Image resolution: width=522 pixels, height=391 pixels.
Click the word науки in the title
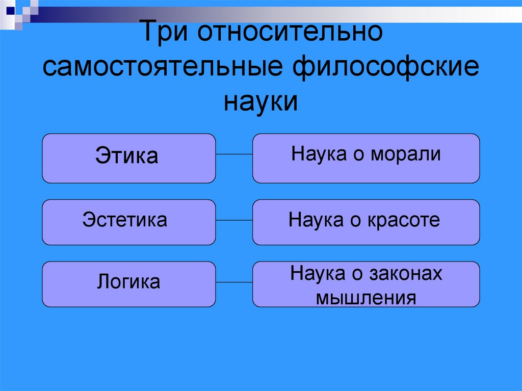pyautogui.click(x=260, y=100)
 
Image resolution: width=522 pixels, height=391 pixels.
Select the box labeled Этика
pyautogui.click(x=128, y=158)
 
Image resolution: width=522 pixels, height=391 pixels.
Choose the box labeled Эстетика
pyautogui.click(x=128, y=222)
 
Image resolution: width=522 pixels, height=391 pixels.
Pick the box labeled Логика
pyautogui.click(x=128, y=284)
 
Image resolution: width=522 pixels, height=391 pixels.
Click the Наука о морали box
pyautogui.click(x=366, y=158)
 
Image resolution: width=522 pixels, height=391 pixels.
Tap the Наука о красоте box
pyautogui.click(x=366, y=222)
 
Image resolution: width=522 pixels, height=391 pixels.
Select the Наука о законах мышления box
pyautogui.click(x=366, y=284)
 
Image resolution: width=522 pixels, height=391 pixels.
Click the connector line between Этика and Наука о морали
pyautogui.click(x=234, y=154)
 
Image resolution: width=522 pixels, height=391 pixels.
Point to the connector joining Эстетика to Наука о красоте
pyautogui.click(x=234, y=220)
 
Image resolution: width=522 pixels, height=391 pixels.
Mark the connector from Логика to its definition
pyautogui.click(x=234, y=282)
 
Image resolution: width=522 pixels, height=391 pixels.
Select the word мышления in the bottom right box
pyautogui.click(x=366, y=297)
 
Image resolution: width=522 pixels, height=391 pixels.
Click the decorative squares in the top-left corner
pyautogui.click(x=19, y=11)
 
